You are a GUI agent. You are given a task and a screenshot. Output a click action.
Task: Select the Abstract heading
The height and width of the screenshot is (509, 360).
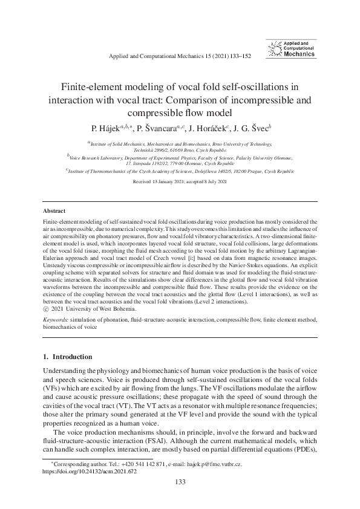coord(54,211)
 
